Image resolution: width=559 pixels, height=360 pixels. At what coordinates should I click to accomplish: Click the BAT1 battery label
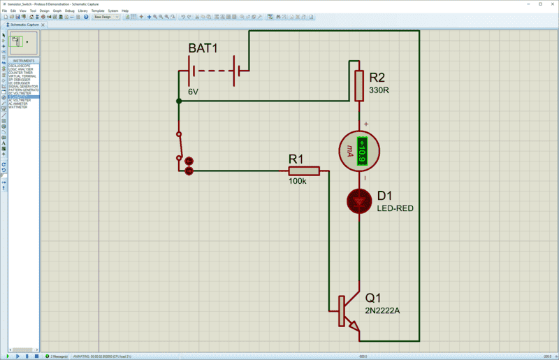point(203,48)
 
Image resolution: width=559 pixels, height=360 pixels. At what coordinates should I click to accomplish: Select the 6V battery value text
point(193,92)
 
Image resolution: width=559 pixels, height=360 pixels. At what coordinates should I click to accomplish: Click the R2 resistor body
point(359,85)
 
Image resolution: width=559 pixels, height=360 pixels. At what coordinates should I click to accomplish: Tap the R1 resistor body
point(304,171)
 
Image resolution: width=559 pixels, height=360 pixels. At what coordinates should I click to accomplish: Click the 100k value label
point(297,182)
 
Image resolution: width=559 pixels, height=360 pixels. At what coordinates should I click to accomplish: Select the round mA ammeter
point(359,150)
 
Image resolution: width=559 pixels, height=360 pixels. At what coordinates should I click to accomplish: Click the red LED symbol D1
point(359,201)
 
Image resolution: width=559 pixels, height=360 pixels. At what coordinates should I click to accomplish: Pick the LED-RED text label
point(394,208)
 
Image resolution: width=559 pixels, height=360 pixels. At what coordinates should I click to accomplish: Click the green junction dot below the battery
point(179,101)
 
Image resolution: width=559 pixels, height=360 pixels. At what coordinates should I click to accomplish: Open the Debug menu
point(70,11)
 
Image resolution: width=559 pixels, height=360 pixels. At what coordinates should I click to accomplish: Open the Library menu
point(83,11)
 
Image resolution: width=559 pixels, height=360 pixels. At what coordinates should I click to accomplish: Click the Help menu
point(125,11)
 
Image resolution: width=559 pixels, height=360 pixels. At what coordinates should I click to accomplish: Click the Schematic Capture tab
point(26,24)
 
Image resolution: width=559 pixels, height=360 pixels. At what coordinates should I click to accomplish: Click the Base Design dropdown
point(106,17)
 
